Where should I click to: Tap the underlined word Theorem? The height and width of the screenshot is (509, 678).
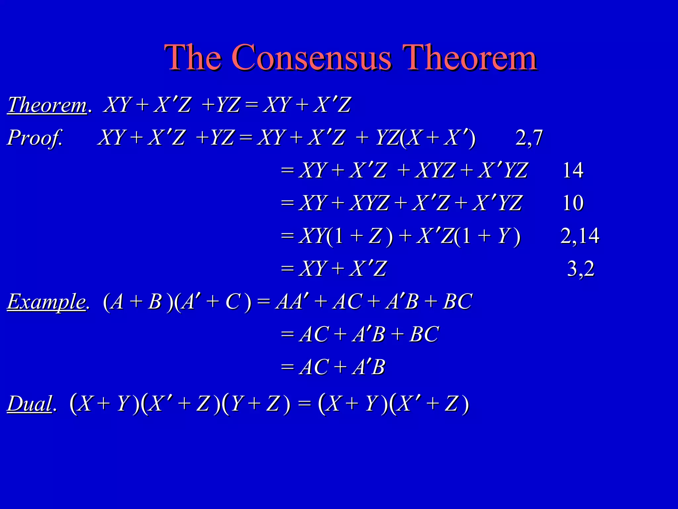point(47,105)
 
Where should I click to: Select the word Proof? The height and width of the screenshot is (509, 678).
point(34,138)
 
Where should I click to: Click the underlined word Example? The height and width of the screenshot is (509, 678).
point(47,302)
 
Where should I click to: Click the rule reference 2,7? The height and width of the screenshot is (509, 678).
point(529,138)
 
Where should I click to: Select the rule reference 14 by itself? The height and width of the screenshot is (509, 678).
point(573,170)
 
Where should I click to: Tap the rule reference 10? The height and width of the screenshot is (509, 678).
point(573,203)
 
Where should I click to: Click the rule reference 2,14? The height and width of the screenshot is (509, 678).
point(580,236)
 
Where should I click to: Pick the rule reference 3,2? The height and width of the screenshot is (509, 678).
point(581,268)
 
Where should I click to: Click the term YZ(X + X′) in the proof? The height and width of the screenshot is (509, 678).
point(426,138)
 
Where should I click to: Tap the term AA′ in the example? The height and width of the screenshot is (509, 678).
point(289,302)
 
